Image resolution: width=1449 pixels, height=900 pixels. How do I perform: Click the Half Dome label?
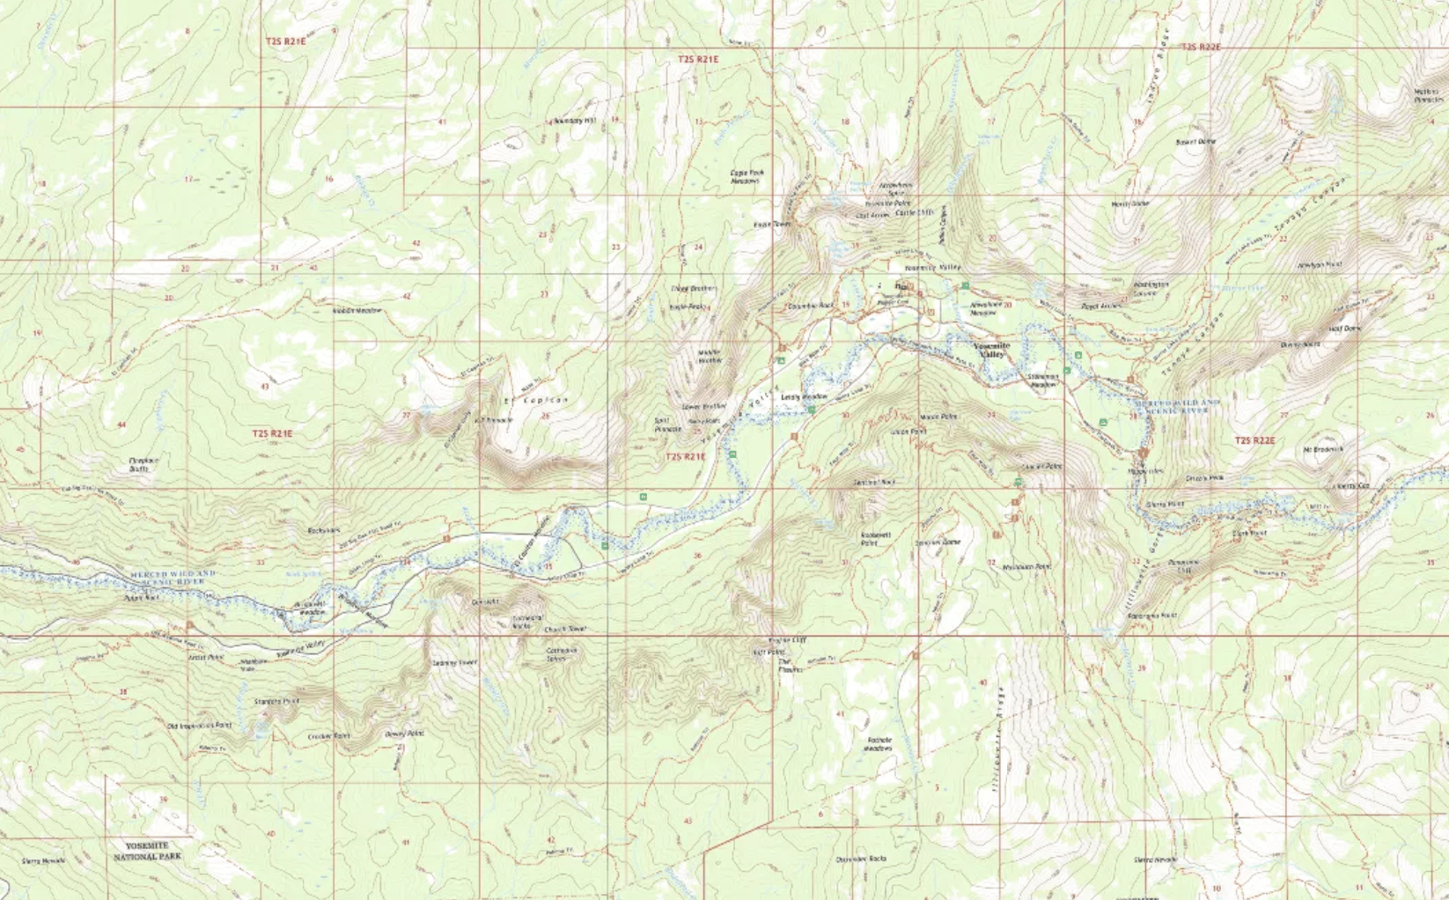click(x=1344, y=328)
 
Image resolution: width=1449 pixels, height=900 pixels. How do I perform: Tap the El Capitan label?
click(x=536, y=401)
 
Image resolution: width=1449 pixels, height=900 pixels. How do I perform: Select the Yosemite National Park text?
click(x=147, y=851)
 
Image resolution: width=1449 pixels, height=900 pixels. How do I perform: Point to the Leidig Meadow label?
click(x=805, y=397)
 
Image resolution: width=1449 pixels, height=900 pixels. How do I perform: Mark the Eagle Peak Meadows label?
click(x=746, y=176)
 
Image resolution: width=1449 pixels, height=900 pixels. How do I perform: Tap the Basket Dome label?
click(x=1195, y=142)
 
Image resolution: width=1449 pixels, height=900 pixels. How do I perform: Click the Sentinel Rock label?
click(x=874, y=483)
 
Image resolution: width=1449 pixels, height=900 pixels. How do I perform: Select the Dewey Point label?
click(x=404, y=733)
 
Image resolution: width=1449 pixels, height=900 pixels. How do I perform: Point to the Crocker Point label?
click(x=328, y=735)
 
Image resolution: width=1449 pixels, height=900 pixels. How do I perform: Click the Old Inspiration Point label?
click(x=199, y=726)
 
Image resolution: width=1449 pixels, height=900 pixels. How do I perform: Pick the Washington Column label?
click(x=1151, y=288)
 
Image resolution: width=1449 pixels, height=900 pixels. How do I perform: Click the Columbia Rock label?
click(x=810, y=306)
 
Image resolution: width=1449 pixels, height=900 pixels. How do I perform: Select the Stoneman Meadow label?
click(x=1042, y=380)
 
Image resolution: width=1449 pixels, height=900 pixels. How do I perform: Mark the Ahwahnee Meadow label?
click(x=985, y=307)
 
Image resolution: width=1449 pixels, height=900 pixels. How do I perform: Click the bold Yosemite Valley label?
click(x=992, y=350)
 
